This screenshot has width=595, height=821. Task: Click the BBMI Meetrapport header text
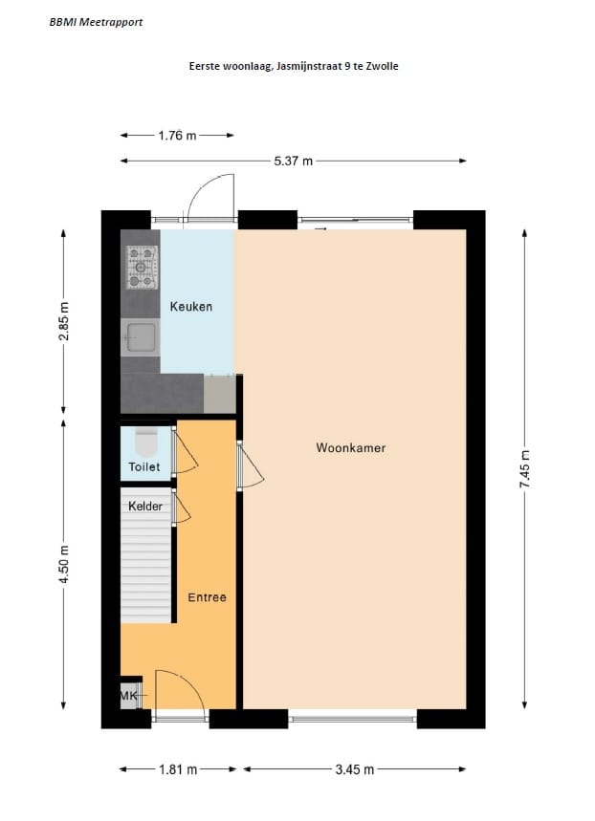point(96,22)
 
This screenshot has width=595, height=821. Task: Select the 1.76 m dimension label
point(177,136)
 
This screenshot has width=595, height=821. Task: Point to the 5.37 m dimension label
point(294,162)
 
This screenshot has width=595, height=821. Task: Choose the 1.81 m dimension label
point(179,768)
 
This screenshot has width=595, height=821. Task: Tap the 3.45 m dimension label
point(354,768)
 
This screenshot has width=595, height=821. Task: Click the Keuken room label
point(191,307)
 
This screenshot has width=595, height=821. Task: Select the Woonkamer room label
point(351,447)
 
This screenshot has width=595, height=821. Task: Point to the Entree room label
point(207,597)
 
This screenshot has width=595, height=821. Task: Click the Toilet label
point(145,466)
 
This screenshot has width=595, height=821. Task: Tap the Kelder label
point(145,506)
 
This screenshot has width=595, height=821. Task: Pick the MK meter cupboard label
point(129,697)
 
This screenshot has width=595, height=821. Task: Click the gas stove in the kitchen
point(142,267)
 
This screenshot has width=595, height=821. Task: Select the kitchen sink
point(142,336)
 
